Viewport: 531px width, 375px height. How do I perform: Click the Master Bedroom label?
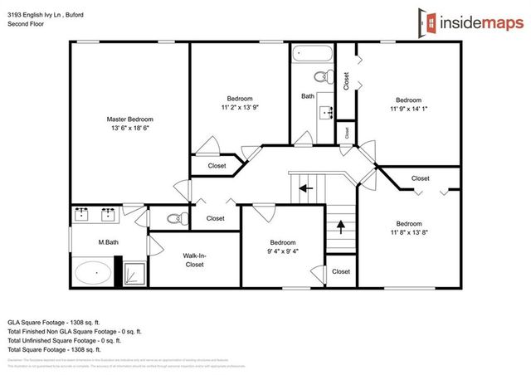(129, 119)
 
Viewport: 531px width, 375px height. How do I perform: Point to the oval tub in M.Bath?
(93, 272)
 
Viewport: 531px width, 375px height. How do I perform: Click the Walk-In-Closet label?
(193, 261)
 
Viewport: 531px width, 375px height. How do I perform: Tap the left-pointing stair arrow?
(305, 188)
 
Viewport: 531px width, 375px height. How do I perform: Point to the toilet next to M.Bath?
(173, 219)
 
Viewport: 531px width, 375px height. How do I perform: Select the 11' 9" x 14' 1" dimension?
(407, 107)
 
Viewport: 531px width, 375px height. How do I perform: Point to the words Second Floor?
(27, 24)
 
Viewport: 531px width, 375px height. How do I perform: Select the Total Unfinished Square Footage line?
(64, 339)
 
